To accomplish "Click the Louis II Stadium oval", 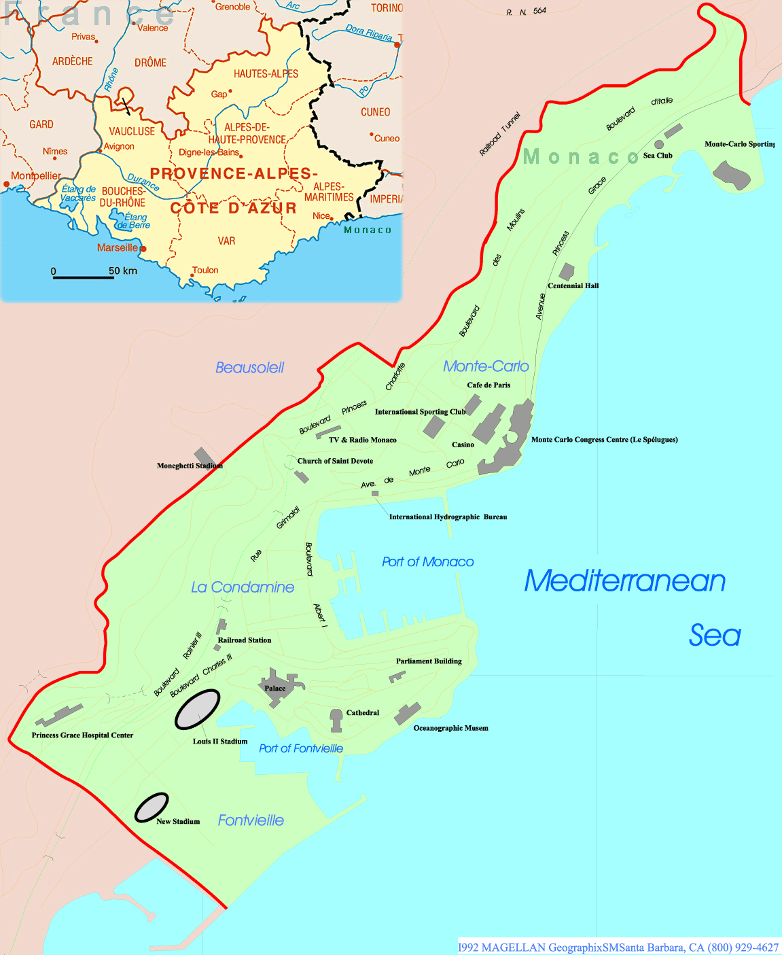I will (197, 710).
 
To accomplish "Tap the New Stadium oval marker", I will (151, 808).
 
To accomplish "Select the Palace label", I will (275, 689).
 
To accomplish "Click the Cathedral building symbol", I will (336, 720).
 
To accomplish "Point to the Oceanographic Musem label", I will (450, 728).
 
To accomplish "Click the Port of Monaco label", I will (427, 562).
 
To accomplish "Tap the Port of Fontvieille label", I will (301, 748).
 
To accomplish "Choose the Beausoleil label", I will (249, 368).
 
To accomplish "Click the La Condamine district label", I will (243, 587).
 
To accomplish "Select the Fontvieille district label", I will (251, 820).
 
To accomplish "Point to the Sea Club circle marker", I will (658, 144).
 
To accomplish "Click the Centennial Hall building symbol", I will (567, 271).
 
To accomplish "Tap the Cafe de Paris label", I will (488, 385).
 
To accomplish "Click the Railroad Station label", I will (245, 640).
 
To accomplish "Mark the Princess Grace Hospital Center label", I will (82, 735).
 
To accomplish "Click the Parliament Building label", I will (429, 661).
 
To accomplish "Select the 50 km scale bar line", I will (83, 277).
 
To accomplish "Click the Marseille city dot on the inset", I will (143, 249).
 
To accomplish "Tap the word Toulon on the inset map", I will (205, 270).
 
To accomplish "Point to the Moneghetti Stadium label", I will (190, 466).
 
